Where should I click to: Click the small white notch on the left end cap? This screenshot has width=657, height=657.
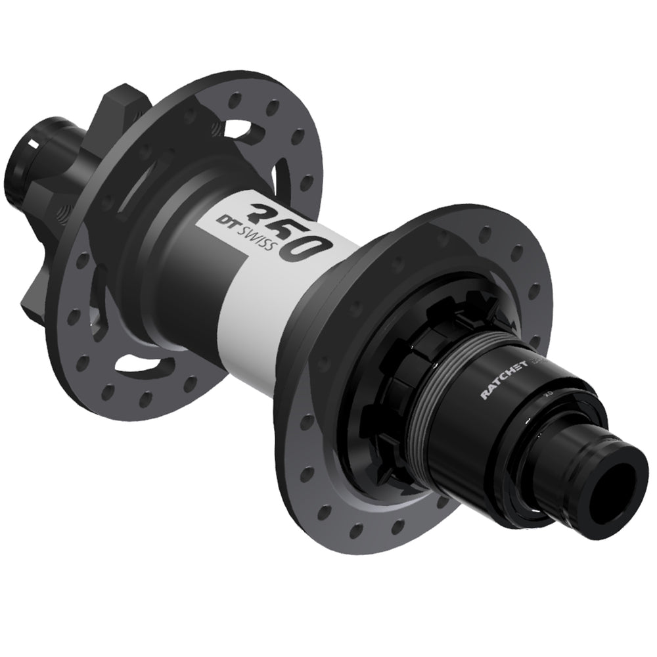[x=32, y=141]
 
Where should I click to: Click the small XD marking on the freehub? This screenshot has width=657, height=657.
[x=546, y=407]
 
